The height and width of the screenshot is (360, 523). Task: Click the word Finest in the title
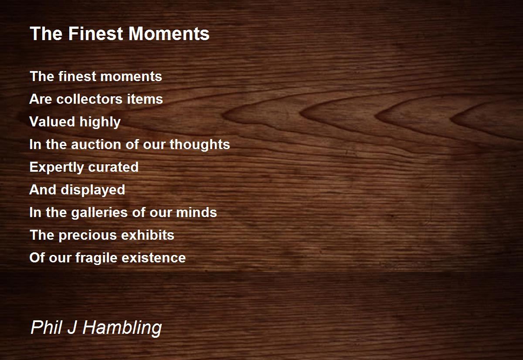(96, 34)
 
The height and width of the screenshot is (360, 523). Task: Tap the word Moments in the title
(169, 34)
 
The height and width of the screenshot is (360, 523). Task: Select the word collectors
(89, 99)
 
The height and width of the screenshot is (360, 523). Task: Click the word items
(145, 99)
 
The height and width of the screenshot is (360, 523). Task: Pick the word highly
(100, 122)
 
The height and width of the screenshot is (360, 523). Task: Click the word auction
(96, 144)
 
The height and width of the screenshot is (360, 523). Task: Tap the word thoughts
(200, 145)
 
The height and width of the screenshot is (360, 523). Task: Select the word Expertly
(57, 168)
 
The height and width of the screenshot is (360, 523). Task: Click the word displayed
(93, 190)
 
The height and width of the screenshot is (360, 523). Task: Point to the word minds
(197, 212)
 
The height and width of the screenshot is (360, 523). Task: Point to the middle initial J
(72, 328)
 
